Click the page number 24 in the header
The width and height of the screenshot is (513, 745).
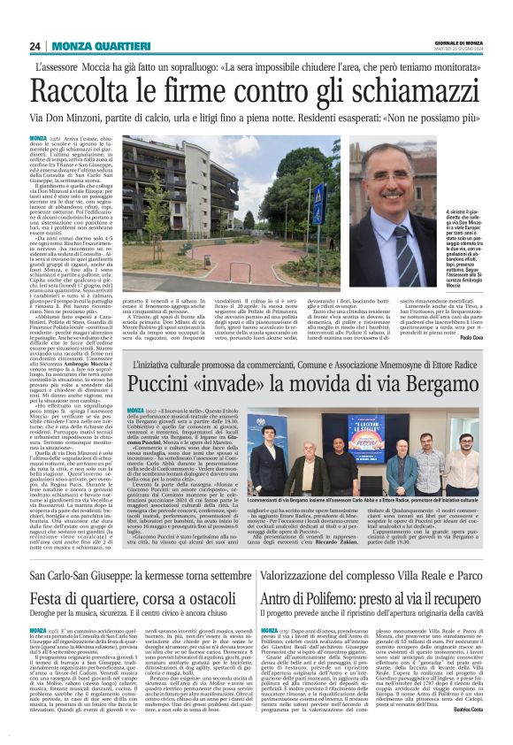pyautogui.click(x=34, y=47)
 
